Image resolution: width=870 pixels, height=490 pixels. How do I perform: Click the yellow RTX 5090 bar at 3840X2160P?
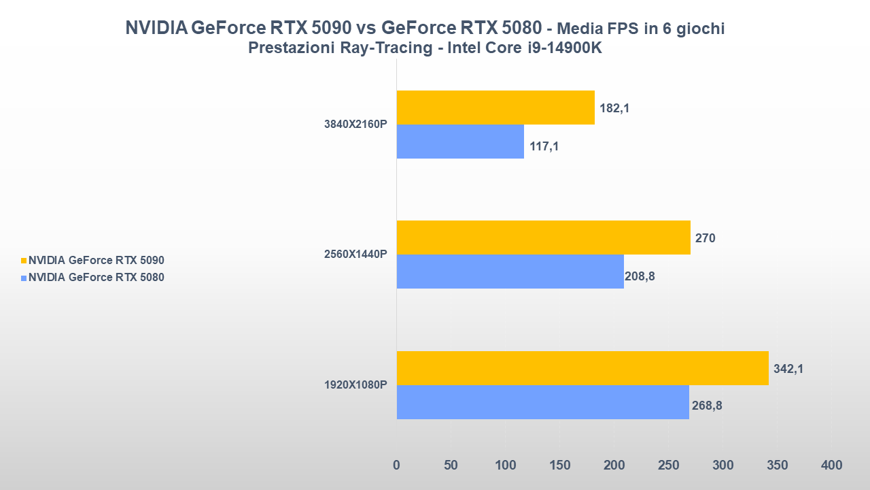click(495, 108)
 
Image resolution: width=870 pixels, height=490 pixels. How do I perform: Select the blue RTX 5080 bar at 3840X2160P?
click(459, 142)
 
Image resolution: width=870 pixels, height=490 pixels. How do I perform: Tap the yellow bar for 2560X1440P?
click(543, 238)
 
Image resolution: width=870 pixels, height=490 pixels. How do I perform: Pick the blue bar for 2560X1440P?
click(510, 272)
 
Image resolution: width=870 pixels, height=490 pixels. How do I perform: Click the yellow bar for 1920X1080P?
click(582, 368)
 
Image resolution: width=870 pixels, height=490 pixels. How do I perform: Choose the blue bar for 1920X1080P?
click(542, 402)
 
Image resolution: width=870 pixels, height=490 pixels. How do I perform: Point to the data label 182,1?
click(614, 108)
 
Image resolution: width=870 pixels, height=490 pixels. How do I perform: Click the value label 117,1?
click(544, 146)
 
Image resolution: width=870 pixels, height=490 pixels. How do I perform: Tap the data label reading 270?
click(705, 238)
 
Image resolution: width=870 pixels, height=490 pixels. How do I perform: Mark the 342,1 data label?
click(788, 369)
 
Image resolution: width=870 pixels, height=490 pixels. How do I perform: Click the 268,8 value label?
click(707, 406)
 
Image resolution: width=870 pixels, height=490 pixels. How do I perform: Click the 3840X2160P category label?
click(355, 125)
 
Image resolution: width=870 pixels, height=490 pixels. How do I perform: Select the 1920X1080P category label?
click(355, 385)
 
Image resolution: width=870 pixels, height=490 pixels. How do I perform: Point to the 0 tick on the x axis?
click(397, 465)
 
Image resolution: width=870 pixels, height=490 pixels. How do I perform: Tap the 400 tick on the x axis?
click(831, 465)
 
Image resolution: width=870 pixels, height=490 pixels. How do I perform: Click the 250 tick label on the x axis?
click(668, 465)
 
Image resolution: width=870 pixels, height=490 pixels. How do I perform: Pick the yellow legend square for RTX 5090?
click(24, 260)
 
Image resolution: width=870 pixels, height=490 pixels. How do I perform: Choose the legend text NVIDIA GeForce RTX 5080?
click(96, 277)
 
